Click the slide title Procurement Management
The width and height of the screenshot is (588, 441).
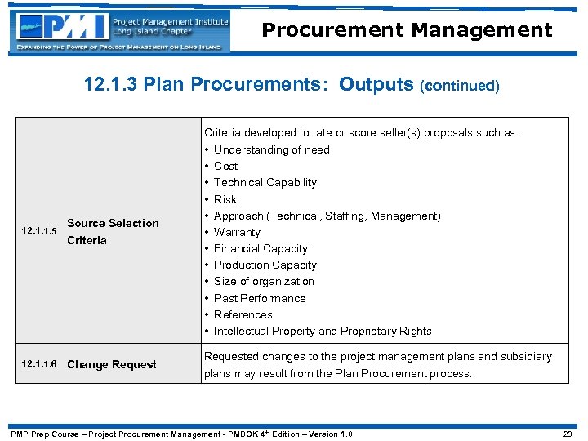pyautogui.click(x=407, y=30)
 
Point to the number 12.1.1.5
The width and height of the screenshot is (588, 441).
pyautogui.click(x=38, y=232)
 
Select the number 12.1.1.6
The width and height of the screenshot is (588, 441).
pyautogui.click(x=38, y=364)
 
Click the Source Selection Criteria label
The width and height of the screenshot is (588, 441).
pyautogui.click(x=113, y=231)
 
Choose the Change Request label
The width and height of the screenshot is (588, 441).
pyautogui.click(x=112, y=364)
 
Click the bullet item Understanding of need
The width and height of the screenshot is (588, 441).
pyautogui.click(x=271, y=149)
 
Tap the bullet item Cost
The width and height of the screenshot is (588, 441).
pyautogui.click(x=225, y=166)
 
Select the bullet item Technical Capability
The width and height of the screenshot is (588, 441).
pyautogui.click(x=265, y=182)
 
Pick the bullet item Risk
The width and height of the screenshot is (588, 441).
pyautogui.click(x=225, y=199)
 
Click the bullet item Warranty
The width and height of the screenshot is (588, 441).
pyautogui.click(x=237, y=232)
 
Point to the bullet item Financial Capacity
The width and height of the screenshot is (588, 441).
pyautogui.click(x=261, y=248)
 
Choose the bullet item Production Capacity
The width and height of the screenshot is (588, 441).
pyautogui.click(x=265, y=265)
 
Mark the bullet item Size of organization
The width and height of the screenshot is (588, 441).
pyautogui.click(x=264, y=281)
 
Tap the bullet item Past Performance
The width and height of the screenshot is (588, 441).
pyautogui.click(x=260, y=298)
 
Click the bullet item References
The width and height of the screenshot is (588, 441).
pyautogui.click(x=243, y=314)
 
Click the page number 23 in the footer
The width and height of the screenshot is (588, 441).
pyautogui.click(x=568, y=434)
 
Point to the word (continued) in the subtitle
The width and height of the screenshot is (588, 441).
pyautogui.click(x=459, y=86)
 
